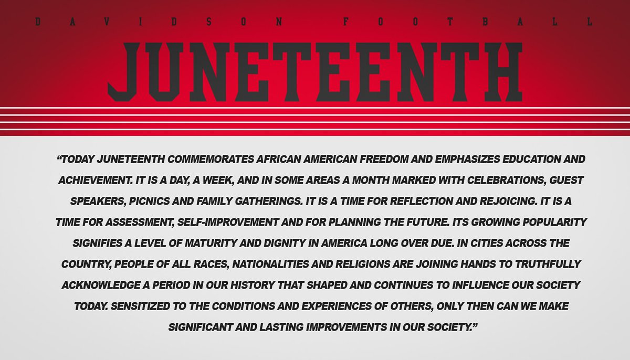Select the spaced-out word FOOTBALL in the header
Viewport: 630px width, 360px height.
tap(467, 22)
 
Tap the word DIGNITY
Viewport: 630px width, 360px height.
tap(280, 244)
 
